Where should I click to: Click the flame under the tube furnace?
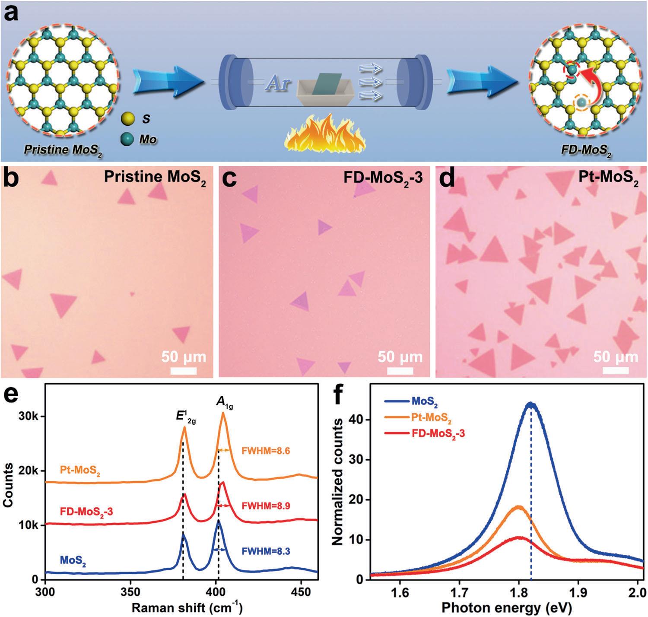tap(325, 134)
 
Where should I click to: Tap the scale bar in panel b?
tap(184, 371)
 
